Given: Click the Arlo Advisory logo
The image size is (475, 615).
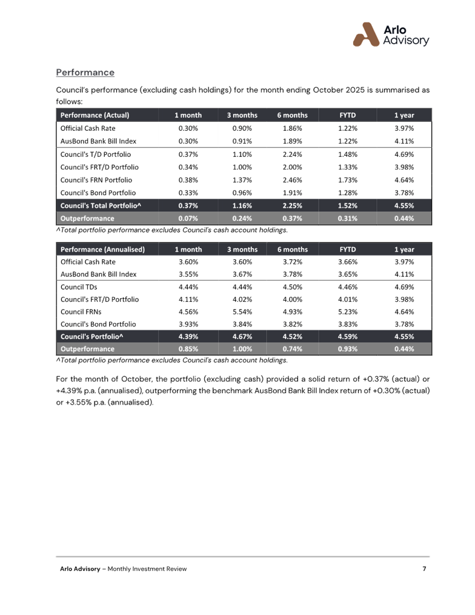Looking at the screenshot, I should (391, 35).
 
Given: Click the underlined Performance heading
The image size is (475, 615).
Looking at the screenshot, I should (85, 73).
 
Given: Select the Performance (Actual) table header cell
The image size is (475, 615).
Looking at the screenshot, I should (95, 115).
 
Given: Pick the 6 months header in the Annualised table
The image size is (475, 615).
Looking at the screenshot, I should (293, 249).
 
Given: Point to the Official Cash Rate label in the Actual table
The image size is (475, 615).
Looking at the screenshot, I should (88, 128).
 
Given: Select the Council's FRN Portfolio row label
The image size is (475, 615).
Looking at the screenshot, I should (96, 180).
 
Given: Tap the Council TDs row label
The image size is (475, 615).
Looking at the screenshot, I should (79, 287).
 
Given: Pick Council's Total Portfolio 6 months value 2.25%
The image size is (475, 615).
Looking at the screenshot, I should (293, 206).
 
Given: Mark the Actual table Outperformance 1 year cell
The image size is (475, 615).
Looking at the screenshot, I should (404, 218).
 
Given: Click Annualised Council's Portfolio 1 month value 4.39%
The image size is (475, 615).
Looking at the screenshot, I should (188, 336).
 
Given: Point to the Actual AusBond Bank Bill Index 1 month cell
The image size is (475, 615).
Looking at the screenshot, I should (188, 141).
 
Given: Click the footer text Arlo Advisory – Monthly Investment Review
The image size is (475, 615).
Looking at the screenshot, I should (124, 568).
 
